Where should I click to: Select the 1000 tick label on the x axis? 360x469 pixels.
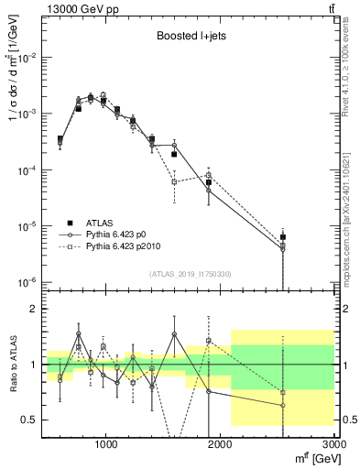point(107,444)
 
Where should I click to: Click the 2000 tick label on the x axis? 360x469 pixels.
point(221,444)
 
